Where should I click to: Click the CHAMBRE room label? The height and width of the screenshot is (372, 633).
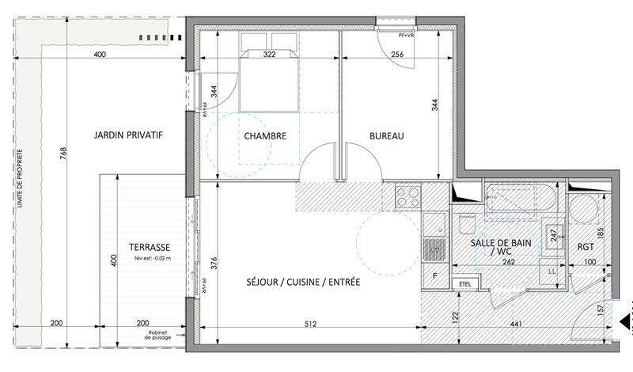coord(265,136)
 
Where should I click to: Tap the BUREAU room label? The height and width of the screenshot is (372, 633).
coord(387,136)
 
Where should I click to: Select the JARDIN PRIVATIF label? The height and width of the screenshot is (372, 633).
coord(128,135)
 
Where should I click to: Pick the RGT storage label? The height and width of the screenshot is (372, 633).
coord(586,245)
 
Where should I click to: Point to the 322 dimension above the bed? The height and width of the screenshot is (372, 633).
coord(269,55)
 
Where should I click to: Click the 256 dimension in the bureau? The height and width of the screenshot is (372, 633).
coord(397,55)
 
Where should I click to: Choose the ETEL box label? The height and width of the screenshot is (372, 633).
coord(463,283)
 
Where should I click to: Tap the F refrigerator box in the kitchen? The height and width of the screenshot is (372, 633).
coord(434,275)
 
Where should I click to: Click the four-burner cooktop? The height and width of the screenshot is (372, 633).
coord(408,195)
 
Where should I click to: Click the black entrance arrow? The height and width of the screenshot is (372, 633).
coord(625,321)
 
